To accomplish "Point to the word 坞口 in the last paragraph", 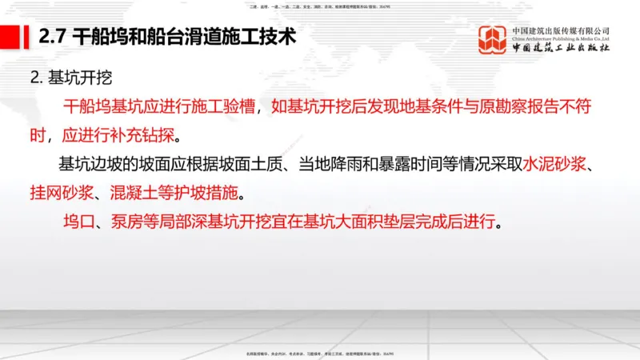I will coord(76,222).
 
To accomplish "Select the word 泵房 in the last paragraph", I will coord(119,222).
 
